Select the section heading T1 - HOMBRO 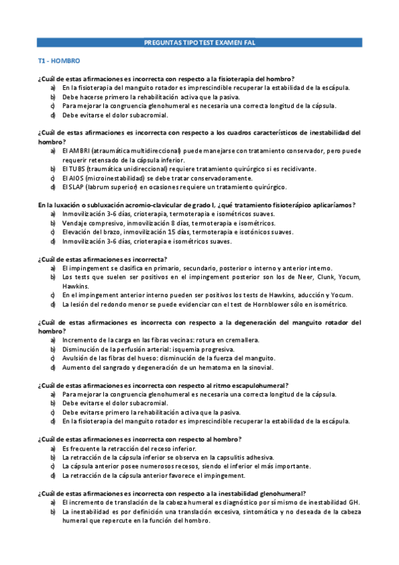point(59,61)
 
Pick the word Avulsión point(76,358)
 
